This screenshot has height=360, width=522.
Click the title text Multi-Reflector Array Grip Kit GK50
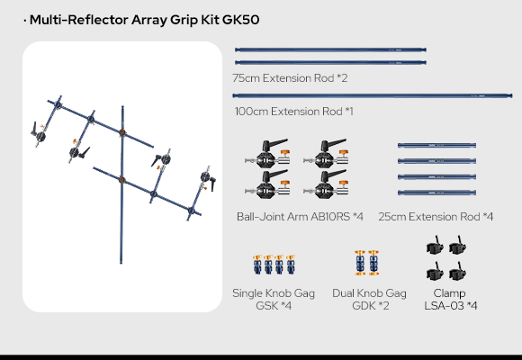(144, 20)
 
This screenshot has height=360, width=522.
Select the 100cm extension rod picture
(373, 95)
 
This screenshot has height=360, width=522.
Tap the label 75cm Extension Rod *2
(290, 78)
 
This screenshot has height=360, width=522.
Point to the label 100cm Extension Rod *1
(294, 112)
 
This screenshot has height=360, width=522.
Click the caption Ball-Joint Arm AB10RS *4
(300, 217)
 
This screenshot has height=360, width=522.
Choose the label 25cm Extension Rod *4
(436, 217)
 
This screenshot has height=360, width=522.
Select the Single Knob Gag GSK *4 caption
(274, 299)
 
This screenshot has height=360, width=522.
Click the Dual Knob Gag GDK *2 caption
(369, 299)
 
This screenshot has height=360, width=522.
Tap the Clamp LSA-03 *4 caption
(450, 299)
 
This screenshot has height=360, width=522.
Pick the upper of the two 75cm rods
(330, 50)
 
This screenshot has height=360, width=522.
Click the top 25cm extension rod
(436, 145)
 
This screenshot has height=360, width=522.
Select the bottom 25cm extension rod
(436, 193)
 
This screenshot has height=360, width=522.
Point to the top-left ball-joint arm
(267, 153)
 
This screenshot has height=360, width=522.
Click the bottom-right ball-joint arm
(326, 184)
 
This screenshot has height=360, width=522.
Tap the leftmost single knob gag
(257, 265)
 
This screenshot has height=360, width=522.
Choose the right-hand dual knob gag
(373, 263)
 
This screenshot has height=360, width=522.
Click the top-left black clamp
(435, 245)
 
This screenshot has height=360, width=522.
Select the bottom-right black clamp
(457, 271)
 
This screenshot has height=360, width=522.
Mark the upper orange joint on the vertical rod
(122, 132)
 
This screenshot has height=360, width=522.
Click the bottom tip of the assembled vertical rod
(121, 263)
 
